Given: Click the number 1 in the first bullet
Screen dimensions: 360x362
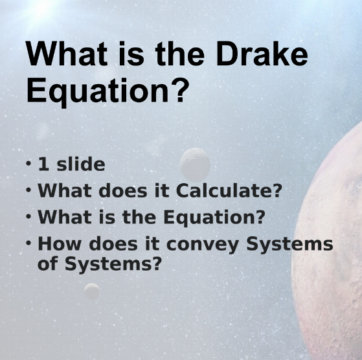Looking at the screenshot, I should [43, 164].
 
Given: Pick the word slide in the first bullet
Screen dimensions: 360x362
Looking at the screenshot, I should [80, 164].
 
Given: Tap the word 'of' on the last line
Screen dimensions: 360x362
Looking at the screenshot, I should [49, 264].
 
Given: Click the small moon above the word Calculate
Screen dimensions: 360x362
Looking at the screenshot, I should [195, 164].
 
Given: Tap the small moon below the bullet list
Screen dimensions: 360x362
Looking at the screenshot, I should [92, 291].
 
